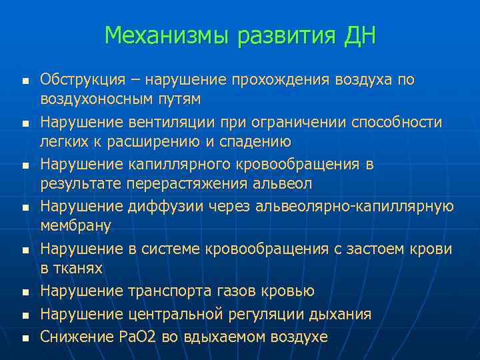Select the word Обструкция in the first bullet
pos(82,80)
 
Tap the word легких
pos(63,141)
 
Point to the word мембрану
pos(75,226)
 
